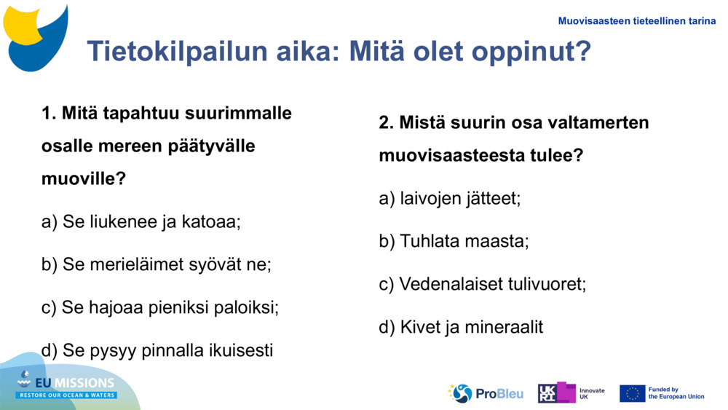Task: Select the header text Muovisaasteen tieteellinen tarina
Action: [x=636, y=21]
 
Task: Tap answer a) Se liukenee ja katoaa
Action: [x=141, y=221]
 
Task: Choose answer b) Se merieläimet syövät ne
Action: [x=157, y=264]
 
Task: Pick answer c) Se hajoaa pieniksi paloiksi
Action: [x=160, y=307]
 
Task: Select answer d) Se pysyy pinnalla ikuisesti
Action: [x=157, y=350]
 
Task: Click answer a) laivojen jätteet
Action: [x=450, y=198]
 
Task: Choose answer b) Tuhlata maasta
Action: [x=454, y=241]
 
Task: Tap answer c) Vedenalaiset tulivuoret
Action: [x=483, y=284]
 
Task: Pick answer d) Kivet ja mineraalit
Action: [x=461, y=327]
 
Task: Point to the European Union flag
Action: [x=632, y=393]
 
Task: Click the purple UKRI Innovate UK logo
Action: [x=557, y=393]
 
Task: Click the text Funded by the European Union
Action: [x=676, y=393]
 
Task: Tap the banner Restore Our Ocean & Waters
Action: [x=67, y=395]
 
